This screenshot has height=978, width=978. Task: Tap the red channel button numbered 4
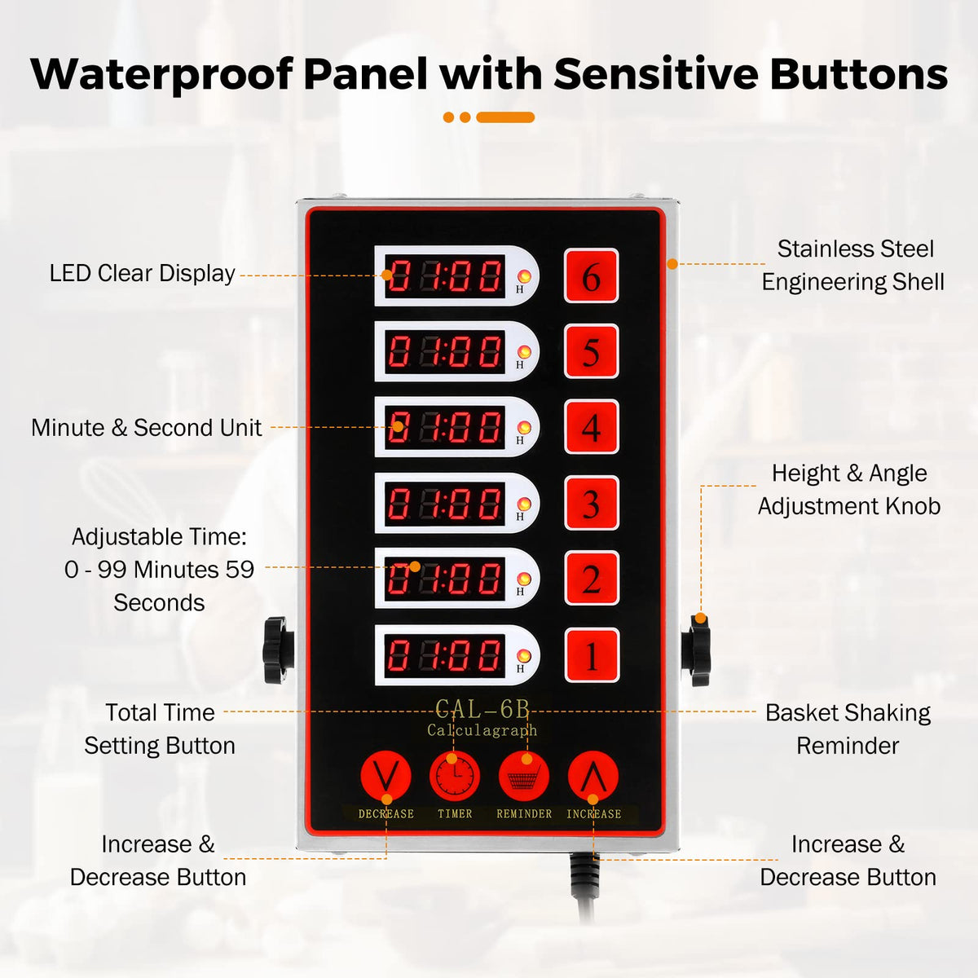click(x=591, y=427)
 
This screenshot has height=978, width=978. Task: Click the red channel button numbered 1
click(x=592, y=655)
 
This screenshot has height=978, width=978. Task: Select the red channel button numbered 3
click(x=591, y=503)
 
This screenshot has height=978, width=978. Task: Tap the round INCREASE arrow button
click(x=593, y=776)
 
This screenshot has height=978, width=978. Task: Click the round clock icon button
click(x=455, y=776)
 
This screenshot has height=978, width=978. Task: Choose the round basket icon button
click(x=524, y=776)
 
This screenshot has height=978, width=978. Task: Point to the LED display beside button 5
click(x=445, y=351)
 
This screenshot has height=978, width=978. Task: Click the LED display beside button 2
click(x=445, y=579)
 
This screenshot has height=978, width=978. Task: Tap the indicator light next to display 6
click(x=524, y=276)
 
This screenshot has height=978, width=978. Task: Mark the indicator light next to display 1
click(x=524, y=655)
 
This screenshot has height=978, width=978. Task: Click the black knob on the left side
click(x=278, y=650)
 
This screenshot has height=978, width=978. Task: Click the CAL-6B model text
click(x=482, y=710)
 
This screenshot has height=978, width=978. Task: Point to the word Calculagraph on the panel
click(x=482, y=731)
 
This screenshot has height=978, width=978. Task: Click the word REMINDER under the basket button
click(x=524, y=813)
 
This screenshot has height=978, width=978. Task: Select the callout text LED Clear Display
click(x=142, y=274)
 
